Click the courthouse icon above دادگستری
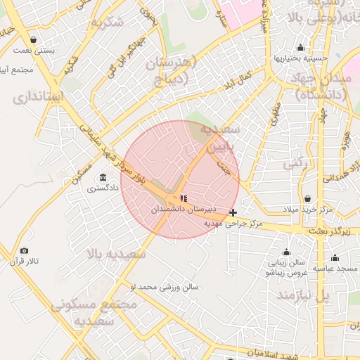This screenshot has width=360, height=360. (103, 177)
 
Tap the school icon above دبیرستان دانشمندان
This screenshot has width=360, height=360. (184, 199)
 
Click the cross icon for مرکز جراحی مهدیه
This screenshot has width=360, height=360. (233, 212)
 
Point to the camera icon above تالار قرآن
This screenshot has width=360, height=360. (25, 251)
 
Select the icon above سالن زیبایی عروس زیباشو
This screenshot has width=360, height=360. (286, 252)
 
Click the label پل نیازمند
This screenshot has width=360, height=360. (302, 295)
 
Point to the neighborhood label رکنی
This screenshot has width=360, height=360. (296, 164)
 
